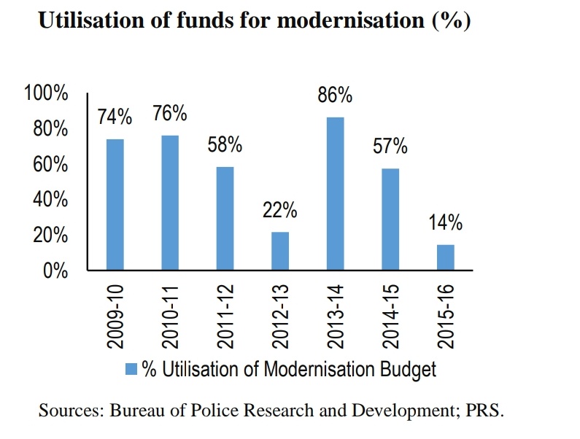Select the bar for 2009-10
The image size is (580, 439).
point(115,204)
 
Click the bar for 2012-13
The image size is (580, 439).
point(280,251)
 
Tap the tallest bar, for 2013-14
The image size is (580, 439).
point(335,193)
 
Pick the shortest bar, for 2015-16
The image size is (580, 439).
point(445,257)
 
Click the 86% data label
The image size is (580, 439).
point(335,96)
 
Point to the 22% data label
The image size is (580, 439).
point(280,211)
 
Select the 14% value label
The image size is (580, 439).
point(445,223)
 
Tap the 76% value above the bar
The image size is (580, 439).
point(170,114)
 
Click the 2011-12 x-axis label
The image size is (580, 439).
point(225,316)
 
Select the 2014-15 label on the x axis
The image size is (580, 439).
point(390,316)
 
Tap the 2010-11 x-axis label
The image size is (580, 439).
point(170,316)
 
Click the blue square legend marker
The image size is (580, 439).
point(131,369)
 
